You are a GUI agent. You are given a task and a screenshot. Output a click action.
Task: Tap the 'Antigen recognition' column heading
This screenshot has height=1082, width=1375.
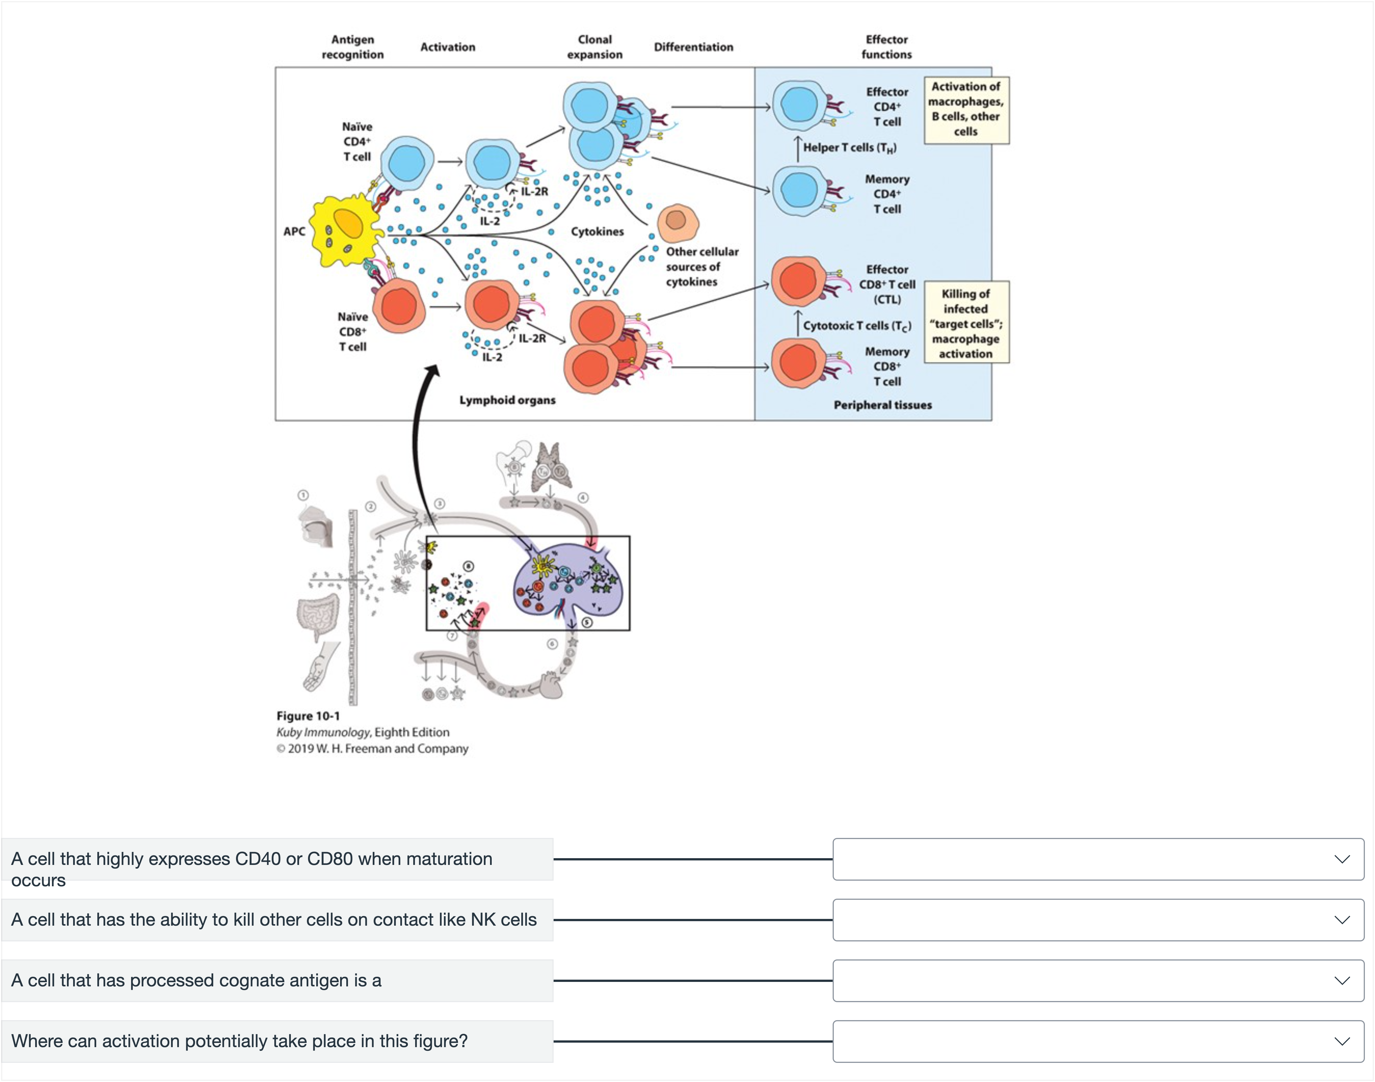(x=353, y=47)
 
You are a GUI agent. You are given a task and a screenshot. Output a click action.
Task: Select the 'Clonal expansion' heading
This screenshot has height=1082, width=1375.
(x=595, y=47)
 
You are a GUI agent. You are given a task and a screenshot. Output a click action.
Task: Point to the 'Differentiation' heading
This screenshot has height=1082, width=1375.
(x=694, y=47)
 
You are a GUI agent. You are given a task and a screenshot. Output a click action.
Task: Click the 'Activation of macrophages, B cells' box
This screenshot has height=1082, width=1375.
(x=966, y=110)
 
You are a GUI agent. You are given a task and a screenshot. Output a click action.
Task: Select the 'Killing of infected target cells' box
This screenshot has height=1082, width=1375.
(x=966, y=322)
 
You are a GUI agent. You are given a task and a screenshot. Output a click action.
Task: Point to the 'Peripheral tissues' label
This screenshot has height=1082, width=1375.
(x=883, y=405)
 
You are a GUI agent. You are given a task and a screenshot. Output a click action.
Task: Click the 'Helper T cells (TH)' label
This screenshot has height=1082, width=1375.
(x=850, y=148)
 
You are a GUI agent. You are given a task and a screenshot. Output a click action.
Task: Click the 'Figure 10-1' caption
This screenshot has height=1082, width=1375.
(x=308, y=716)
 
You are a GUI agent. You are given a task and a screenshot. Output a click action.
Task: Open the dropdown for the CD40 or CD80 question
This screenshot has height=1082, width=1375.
(x=1098, y=859)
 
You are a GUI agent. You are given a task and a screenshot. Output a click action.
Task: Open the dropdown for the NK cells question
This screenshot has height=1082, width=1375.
(x=1098, y=920)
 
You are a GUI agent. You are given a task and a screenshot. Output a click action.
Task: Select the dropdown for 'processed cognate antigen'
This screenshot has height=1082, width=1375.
(x=1098, y=981)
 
